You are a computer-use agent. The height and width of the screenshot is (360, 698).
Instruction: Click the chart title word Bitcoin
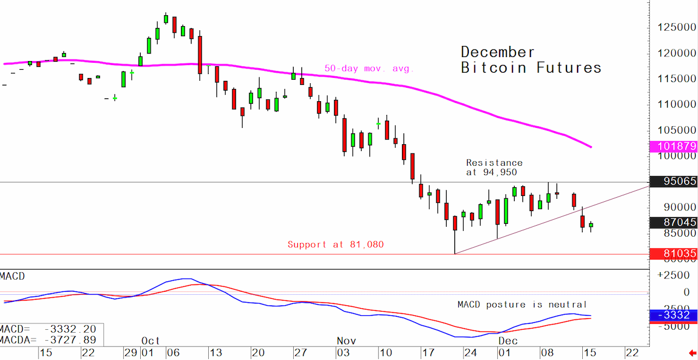coord(494,68)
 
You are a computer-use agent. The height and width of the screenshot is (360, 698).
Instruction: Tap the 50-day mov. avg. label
coord(369,68)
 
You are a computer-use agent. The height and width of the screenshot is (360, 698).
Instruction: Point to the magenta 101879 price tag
coord(674,146)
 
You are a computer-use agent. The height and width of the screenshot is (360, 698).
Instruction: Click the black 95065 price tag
coord(674,181)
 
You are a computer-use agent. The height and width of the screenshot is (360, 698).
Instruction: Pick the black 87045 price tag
coord(674,222)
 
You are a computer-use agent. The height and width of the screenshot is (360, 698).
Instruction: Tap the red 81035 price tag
coord(674,254)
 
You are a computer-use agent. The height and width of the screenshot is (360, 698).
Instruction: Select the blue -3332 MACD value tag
coord(674,315)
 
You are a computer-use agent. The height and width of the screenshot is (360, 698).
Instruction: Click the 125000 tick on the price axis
coord(676,27)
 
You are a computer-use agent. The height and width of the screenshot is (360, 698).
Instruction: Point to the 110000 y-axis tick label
coord(676,104)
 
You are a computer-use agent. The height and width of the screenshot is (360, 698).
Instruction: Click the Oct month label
coord(151,341)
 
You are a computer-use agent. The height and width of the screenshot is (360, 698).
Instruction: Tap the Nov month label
coord(346,341)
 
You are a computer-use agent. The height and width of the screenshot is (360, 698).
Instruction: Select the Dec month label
coord(508,341)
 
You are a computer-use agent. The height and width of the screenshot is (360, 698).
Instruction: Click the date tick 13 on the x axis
coord(216,353)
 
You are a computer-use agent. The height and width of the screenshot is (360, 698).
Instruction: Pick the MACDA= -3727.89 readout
coord(48,340)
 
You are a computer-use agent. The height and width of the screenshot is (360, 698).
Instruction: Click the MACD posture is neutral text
coord(522,305)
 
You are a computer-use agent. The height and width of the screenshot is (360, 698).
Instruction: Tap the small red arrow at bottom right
coord(692,354)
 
